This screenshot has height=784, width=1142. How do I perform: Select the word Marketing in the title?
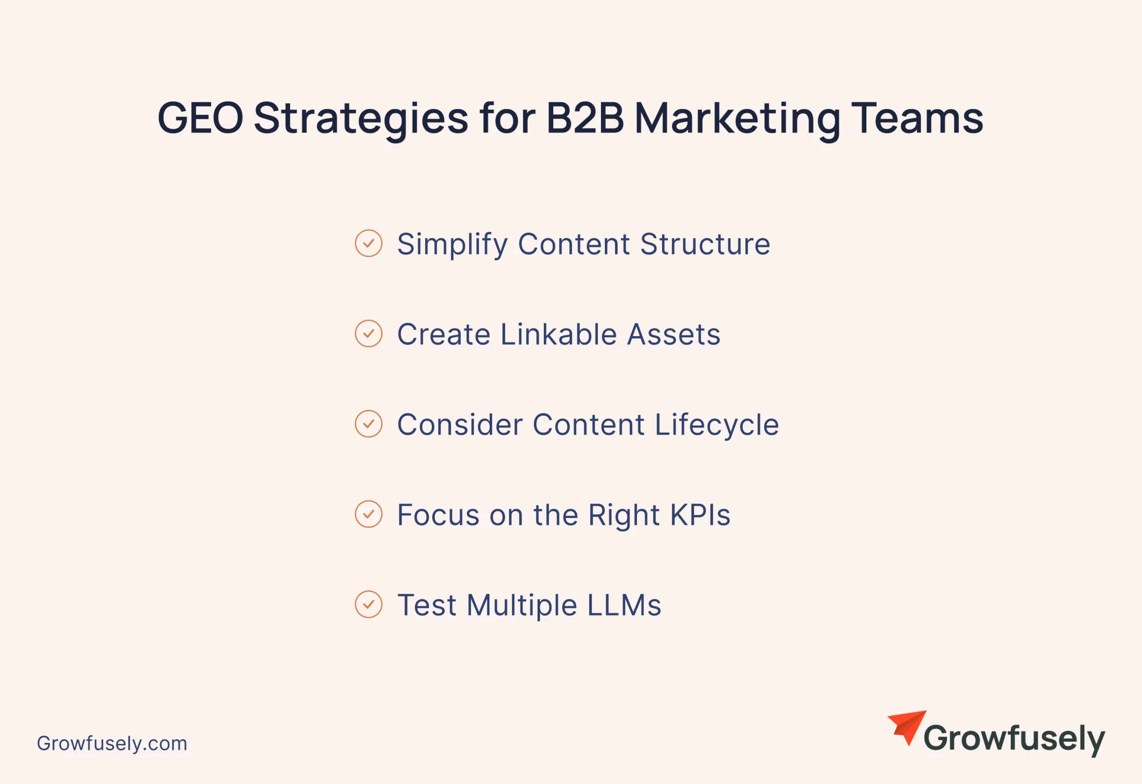coord(737,121)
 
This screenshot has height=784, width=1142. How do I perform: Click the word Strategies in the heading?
coord(361,121)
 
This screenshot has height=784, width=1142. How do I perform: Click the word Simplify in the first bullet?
coord(452,245)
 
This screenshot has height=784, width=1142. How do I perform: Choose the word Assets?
coord(674,334)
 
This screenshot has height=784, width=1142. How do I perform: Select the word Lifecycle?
coord(717,425)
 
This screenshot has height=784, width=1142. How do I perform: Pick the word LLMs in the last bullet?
coord(624,605)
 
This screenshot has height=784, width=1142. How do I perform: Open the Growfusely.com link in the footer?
coord(112,744)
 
